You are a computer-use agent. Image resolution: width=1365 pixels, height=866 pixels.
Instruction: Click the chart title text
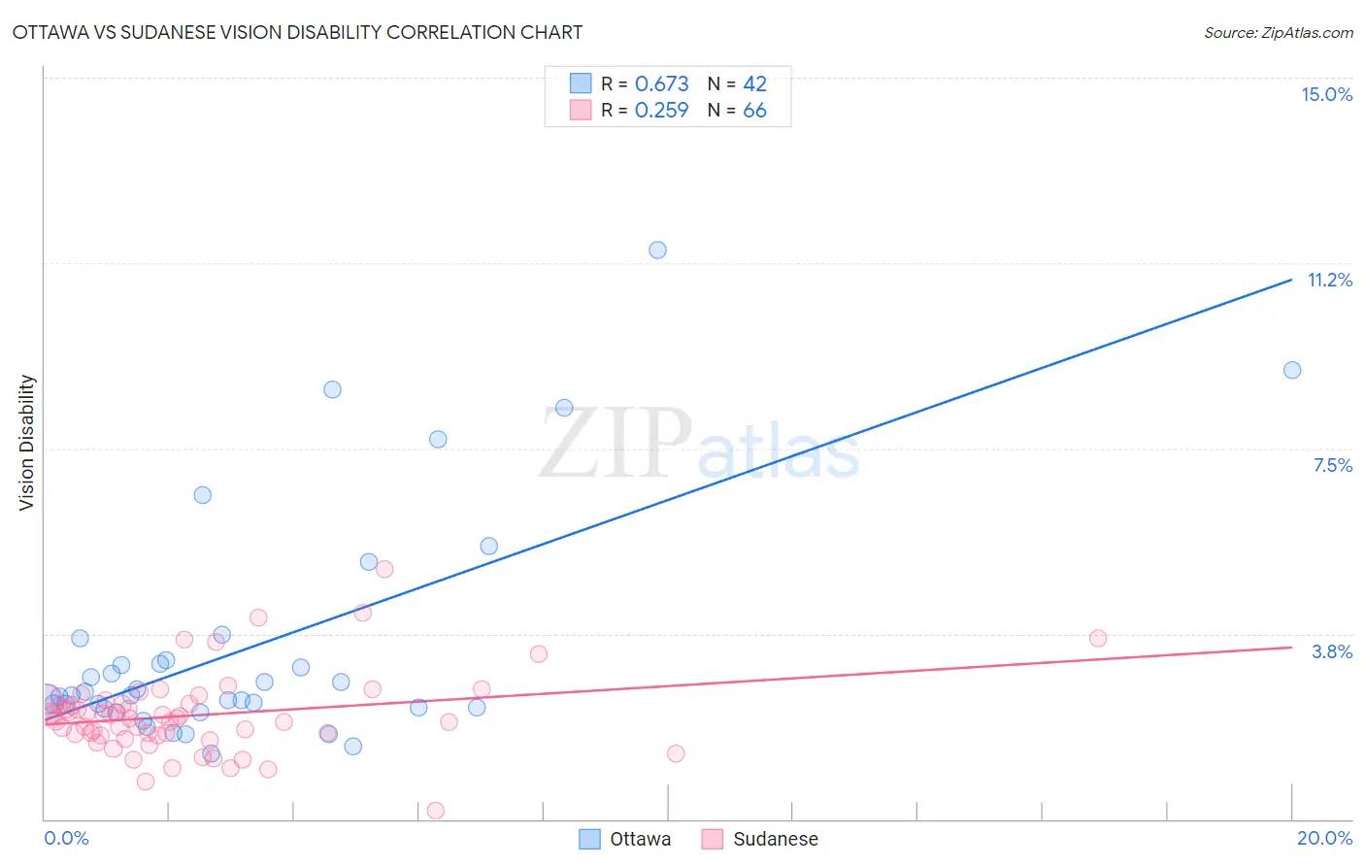pos(297,32)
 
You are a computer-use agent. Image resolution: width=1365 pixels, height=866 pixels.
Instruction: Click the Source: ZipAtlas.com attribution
pos(1278,32)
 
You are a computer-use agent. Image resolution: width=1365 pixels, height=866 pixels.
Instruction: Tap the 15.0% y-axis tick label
pos(1326,94)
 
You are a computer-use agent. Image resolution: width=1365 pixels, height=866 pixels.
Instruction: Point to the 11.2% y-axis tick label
pos(1329,280)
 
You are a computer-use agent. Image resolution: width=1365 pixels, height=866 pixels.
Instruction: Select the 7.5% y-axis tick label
pos(1332,465)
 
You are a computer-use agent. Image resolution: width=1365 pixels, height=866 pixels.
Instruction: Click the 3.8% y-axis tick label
pos(1332,651)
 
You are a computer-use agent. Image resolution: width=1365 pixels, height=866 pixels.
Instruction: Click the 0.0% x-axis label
pos(66,838)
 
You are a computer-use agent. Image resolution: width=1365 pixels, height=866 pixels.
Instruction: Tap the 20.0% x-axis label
pos(1324,838)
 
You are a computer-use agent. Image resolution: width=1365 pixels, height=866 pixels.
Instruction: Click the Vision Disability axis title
pos(27,442)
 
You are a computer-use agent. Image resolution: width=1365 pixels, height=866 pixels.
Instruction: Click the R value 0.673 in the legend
pos(661,84)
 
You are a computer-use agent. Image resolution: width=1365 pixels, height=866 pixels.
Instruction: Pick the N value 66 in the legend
pos(754,111)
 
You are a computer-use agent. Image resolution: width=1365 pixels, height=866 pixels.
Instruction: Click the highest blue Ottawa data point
pos(657,250)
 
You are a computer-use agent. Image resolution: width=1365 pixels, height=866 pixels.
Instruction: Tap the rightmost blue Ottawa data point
pos(1291,370)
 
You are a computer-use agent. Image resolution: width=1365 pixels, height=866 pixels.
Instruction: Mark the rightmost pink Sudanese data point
pos(1098,638)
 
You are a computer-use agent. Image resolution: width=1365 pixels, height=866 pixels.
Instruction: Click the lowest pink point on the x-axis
pos(436,811)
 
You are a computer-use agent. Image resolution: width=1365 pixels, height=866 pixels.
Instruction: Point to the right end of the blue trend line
pos(1291,280)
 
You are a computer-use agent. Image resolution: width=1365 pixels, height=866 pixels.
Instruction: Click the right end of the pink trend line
pos(1291,647)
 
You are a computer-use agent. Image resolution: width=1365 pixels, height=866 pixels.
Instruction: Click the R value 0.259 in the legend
pos(661,111)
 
